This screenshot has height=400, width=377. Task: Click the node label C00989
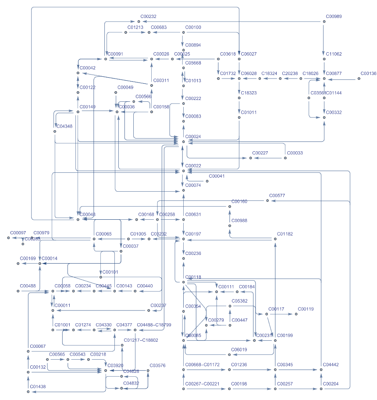click(x=334, y=16)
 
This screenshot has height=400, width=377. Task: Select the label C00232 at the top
click(x=148, y=16)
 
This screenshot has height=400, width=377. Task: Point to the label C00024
click(x=193, y=136)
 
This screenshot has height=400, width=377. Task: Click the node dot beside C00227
click(x=251, y=158)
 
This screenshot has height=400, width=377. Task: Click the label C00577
click(x=277, y=195)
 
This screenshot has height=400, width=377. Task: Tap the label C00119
click(x=306, y=309)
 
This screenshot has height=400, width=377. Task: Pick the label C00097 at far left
click(x=18, y=232)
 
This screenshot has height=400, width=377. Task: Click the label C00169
click(x=28, y=258)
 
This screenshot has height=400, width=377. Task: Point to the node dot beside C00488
click(x=18, y=291)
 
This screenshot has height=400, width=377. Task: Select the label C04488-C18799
click(x=154, y=325)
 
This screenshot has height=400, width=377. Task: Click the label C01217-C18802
click(x=141, y=340)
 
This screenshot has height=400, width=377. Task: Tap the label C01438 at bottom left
click(x=38, y=386)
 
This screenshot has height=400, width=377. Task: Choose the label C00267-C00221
click(x=202, y=384)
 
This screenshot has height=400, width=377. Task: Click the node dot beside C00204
click(x=321, y=389)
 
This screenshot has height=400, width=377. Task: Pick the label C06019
click(x=239, y=349)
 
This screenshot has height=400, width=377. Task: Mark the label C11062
click(x=334, y=54)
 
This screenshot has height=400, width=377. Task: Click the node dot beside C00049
click(x=117, y=93)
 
